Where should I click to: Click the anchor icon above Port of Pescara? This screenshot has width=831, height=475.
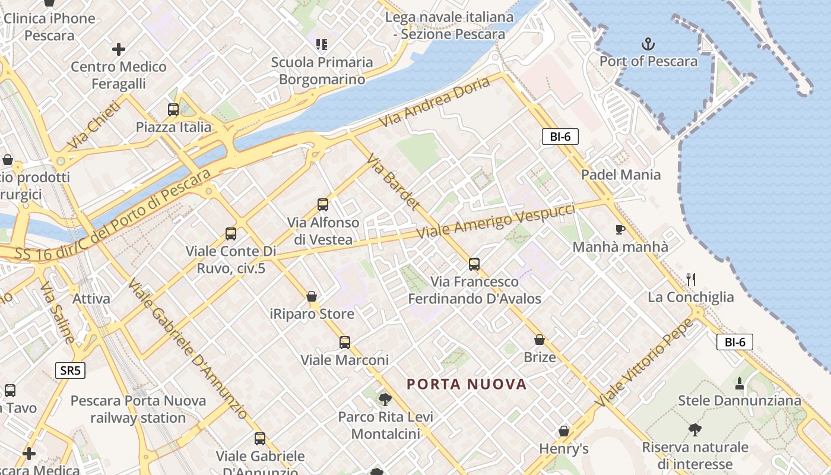[x=648, y=43]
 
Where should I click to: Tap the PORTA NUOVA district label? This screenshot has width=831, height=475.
[x=467, y=384]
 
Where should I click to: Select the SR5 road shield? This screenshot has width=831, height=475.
[x=71, y=371]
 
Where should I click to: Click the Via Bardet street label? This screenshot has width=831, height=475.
[x=393, y=182]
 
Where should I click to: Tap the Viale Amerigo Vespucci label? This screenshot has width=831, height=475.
[x=496, y=221]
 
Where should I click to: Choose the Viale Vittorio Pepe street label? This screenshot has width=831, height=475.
[x=644, y=363]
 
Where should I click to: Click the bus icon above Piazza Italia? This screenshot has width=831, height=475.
[x=173, y=109]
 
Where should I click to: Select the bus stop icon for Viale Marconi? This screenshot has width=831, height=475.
[x=345, y=343]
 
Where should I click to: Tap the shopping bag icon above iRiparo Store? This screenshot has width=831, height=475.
[x=312, y=296]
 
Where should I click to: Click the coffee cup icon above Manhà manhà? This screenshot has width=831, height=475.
[x=620, y=229]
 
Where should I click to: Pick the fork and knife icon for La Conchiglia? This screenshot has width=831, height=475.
[x=690, y=279]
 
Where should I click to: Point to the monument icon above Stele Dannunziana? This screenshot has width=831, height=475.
[x=740, y=383]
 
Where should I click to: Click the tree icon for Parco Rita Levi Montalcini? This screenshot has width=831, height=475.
[x=385, y=399]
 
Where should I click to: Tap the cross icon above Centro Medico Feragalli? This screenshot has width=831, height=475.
[x=119, y=49]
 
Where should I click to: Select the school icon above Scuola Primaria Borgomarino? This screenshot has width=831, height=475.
[x=322, y=44]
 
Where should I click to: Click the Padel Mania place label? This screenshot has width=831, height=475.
[x=620, y=175]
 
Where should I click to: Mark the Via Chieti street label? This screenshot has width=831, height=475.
[x=94, y=125]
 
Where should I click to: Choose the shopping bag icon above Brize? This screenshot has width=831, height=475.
[x=540, y=340]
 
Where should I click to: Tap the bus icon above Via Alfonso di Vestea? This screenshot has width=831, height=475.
[x=323, y=205]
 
